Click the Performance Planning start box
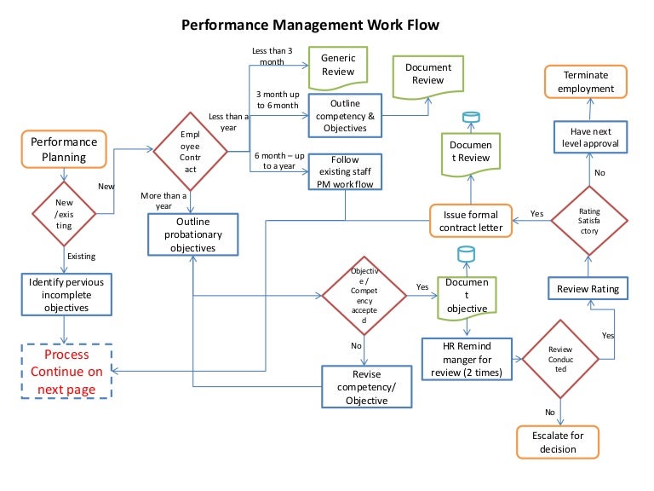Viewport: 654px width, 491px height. pos(65,149)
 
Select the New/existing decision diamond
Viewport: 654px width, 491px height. pos(65,213)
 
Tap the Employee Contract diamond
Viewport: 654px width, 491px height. pos(190,152)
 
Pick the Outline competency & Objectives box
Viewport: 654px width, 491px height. pos(346,116)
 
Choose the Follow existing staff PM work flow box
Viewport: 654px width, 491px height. pos(346,170)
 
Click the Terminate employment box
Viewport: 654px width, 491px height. pos(588,81)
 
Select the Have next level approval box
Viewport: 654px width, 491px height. pos(589,138)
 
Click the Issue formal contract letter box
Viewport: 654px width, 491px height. pos(470,221)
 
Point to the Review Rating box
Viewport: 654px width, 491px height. pos(588,289)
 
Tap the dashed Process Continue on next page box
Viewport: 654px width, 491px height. pos(67,372)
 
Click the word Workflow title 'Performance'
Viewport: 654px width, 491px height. pos(226,26)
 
